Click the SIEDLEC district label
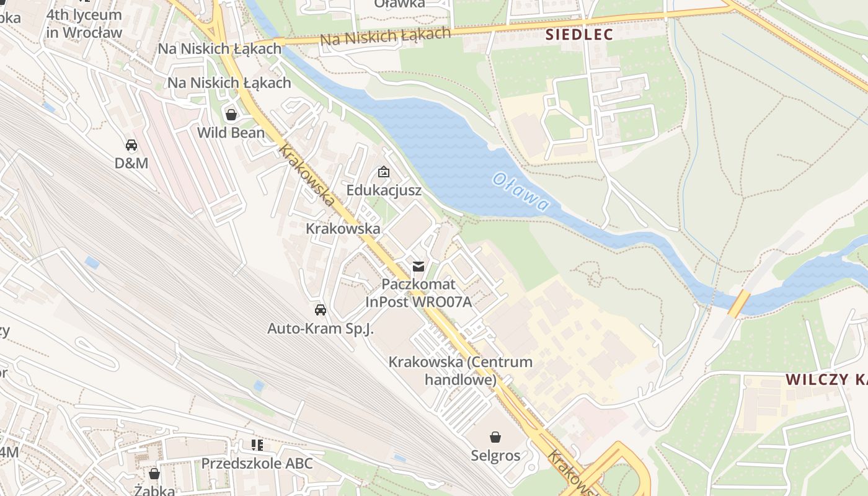pyautogui.click(x=579, y=35)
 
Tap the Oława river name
pyautogui.click(x=521, y=192)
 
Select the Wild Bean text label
pyautogui.click(x=231, y=133)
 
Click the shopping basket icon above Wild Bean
pyautogui.click(x=231, y=115)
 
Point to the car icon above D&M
pyautogui.click(x=131, y=145)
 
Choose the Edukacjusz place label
pyautogui.click(x=384, y=190)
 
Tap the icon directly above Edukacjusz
pyautogui.click(x=384, y=172)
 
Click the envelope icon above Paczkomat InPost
pyautogui.click(x=418, y=267)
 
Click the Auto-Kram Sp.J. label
pyautogui.click(x=320, y=329)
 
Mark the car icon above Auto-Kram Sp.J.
pyautogui.click(x=320, y=310)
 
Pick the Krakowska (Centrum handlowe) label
pyautogui.click(x=460, y=370)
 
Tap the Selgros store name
pyautogui.click(x=495, y=456)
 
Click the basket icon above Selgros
pyautogui.click(x=495, y=437)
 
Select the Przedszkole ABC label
pyautogui.click(x=257, y=463)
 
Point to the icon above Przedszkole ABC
pyautogui.click(x=257, y=445)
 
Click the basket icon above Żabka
pyautogui.click(x=154, y=474)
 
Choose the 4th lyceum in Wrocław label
pyautogui.click(x=84, y=23)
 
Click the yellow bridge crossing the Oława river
pyautogui.click(x=738, y=304)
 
